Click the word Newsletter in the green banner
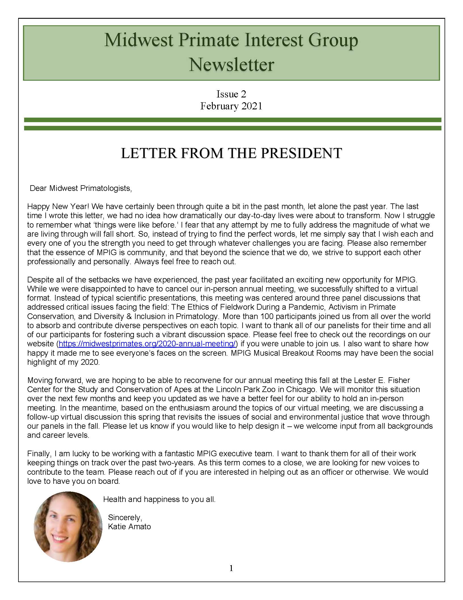(x=231, y=65)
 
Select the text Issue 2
(x=231, y=94)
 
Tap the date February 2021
(x=231, y=106)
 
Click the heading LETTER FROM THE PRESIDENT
(x=231, y=153)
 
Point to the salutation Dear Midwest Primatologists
(x=81, y=188)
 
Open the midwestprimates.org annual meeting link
(x=148, y=344)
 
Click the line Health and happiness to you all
(x=159, y=499)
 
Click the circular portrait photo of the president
(x=68, y=526)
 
